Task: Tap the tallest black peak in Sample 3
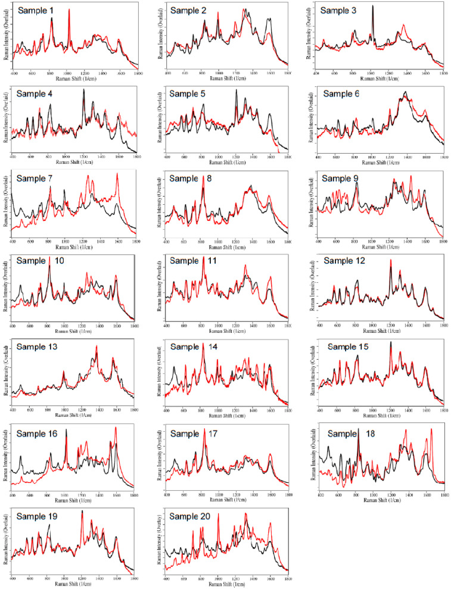373,7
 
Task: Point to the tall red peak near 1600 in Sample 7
117,174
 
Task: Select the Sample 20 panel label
191,517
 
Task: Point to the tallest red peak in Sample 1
69,10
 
